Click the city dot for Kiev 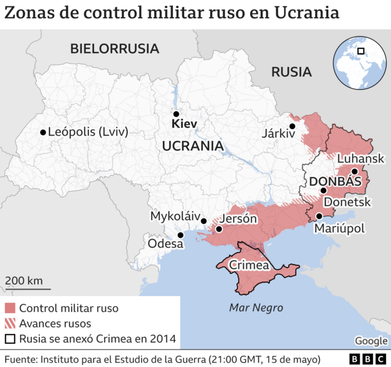tap(176, 114)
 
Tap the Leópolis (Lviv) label tap(88, 132)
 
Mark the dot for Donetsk tap(323, 191)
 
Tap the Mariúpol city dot tap(319, 216)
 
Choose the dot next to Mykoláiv tap(204, 221)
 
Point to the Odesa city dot tap(180, 235)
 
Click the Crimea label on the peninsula tap(251, 264)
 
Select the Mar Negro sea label tap(256, 307)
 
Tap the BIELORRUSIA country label tap(115, 48)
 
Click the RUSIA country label tap(291, 72)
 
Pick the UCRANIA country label tap(192, 146)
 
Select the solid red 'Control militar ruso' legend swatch tap(10, 308)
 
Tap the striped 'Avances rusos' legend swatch tap(10, 324)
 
